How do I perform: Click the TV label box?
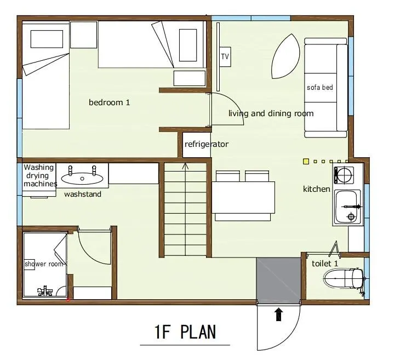click(x=225, y=56)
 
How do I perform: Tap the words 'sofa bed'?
click(x=320, y=88)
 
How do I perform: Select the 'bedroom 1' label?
click(x=109, y=102)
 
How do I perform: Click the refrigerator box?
click(x=197, y=145)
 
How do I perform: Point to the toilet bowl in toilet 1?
click(x=344, y=278)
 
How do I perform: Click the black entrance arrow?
click(x=279, y=315)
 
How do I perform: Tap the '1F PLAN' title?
click(x=185, y=332)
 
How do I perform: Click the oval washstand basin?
click(x=82, y=178)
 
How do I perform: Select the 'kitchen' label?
click(x=316, y=189)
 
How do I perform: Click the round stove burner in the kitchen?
click(x=344, y=175)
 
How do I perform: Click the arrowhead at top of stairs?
click(x=185, y=167)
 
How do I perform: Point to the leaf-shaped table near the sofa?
click(x=285, y=56)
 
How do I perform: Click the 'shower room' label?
click(x=44, y=264)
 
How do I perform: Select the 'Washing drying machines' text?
click(x=40, y=175)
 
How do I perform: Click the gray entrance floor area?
click(x=278, y=281)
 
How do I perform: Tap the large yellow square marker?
click(x=306, y=161)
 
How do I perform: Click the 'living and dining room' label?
click(x=271, y=113)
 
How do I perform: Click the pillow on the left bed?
click(x=47, y=39)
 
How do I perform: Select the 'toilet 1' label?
click(x=325, y=264)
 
